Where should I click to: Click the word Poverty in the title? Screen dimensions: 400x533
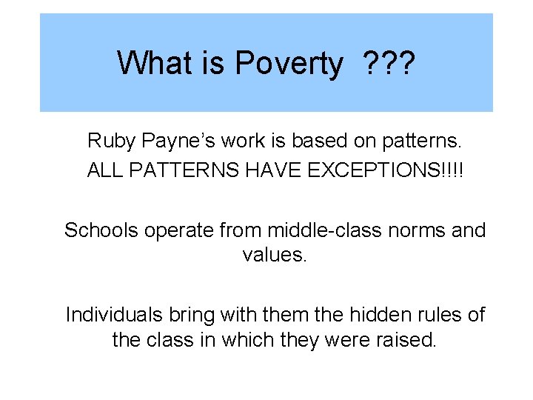[289, 64]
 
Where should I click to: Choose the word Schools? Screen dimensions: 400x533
[101, 230]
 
